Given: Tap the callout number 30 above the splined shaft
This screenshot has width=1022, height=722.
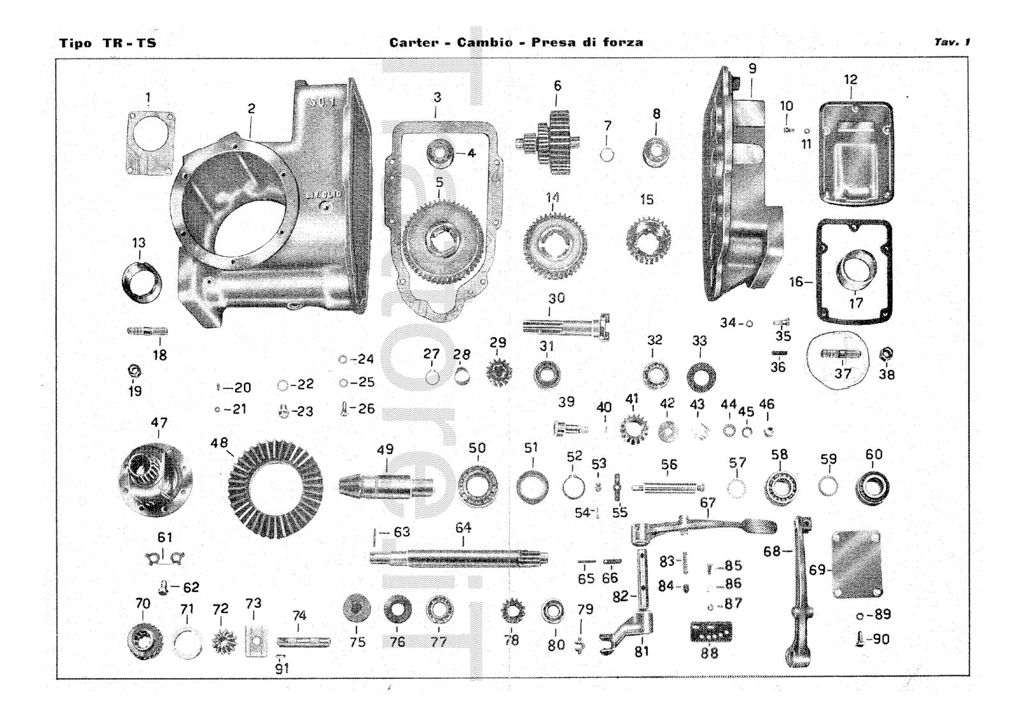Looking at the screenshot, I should (x=556, y=298).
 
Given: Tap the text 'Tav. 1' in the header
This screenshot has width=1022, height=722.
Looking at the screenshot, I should (x=952, y=42).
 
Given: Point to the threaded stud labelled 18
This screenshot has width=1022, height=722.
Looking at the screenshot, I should (x=147, y=331).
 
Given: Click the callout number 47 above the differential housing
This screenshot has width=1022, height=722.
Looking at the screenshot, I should (x=159, y=423).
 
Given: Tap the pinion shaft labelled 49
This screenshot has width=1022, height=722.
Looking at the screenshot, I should (x=384, y=486).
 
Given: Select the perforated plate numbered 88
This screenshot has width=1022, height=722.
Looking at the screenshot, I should (x=710, y=632).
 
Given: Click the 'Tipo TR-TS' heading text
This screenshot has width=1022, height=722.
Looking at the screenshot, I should (x=107, y=43).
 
